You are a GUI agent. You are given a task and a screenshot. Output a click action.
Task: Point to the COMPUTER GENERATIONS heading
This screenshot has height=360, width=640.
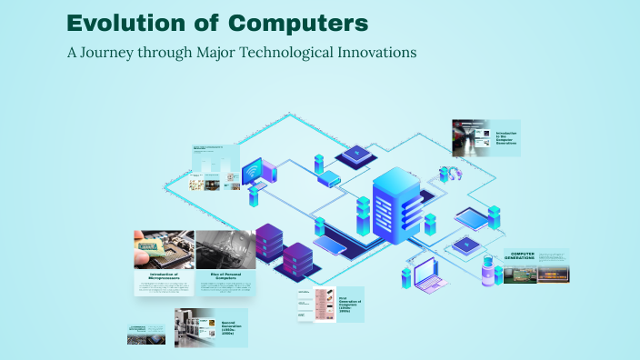click(534, 255)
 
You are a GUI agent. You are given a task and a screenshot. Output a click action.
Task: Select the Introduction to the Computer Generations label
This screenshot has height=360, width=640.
click(505, 138)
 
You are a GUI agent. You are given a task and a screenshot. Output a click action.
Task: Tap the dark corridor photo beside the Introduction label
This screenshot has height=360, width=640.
click(471, 137)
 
